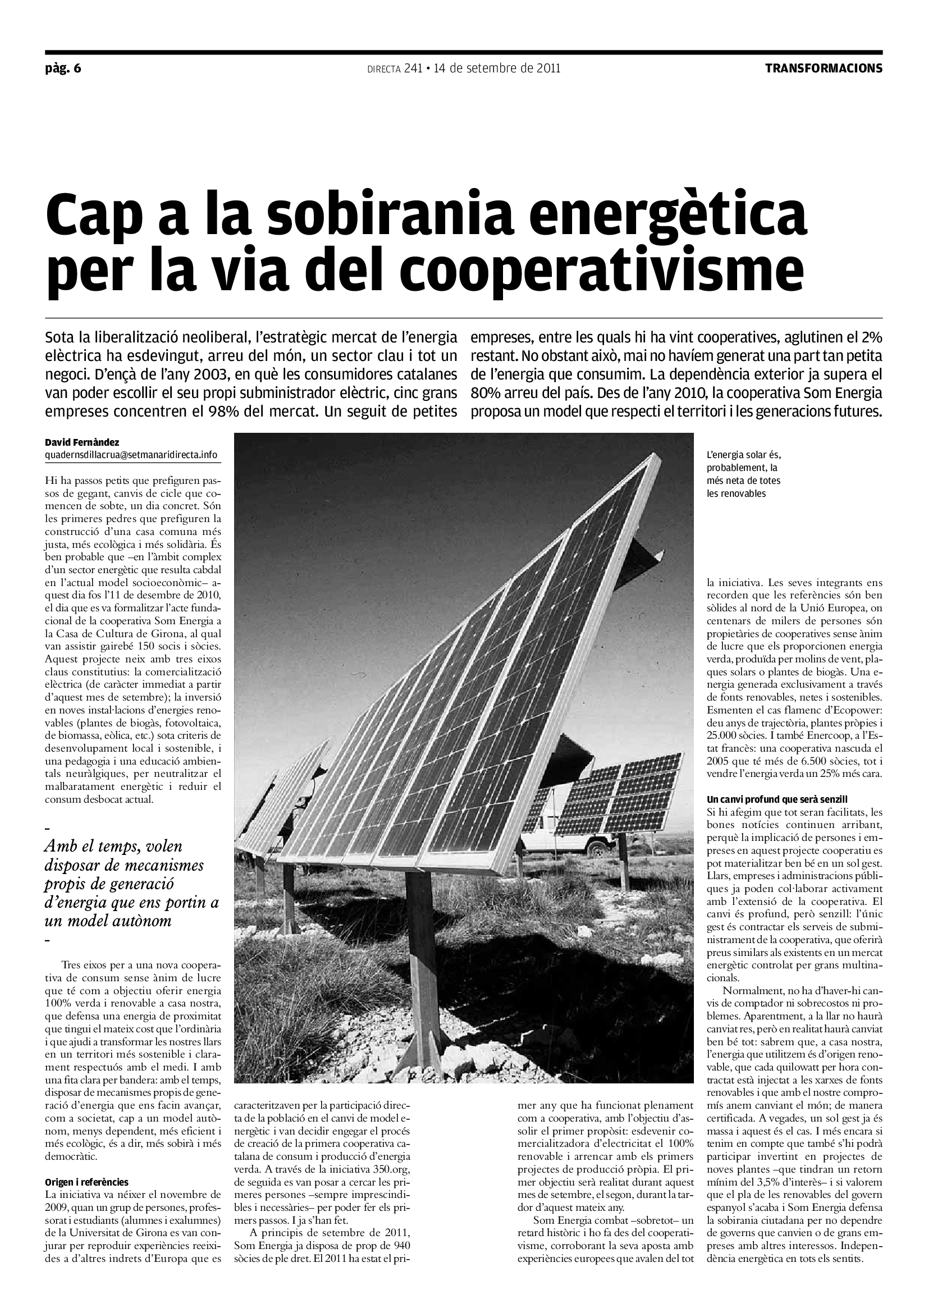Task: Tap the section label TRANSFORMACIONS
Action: (824, 68)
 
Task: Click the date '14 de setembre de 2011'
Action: (497, 68)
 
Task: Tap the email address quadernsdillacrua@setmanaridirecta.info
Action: (131, 455)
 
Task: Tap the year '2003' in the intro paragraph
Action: (207, 374)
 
